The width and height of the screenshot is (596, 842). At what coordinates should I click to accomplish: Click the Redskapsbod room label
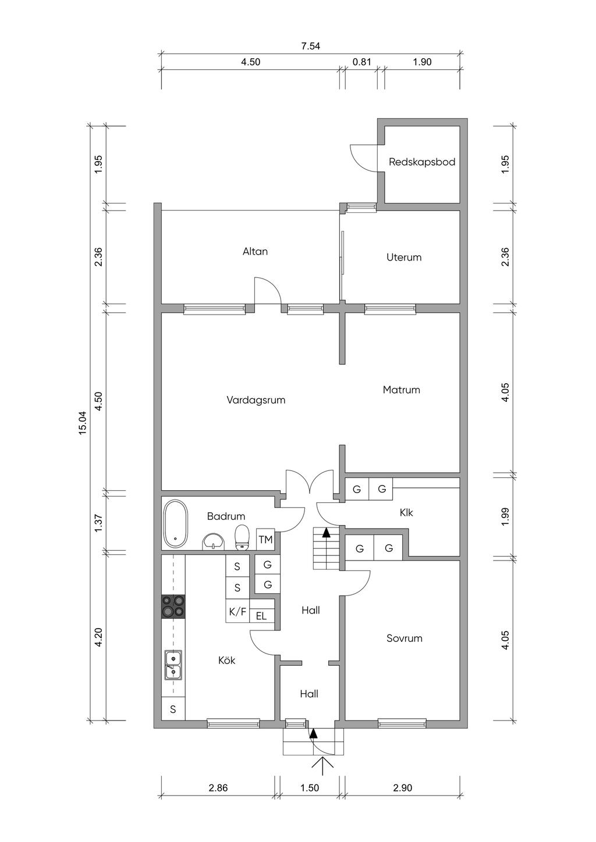[422, 162]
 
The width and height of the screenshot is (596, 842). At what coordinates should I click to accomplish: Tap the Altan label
[255, 251]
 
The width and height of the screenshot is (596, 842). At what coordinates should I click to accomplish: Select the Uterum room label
[404, 257]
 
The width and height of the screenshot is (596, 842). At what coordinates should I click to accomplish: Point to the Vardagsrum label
[256, 400]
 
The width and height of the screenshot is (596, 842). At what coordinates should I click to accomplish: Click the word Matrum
[401, 390]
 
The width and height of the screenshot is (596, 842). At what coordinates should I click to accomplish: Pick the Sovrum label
[404, 638]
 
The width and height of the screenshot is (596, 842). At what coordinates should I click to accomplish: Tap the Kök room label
[226, 660]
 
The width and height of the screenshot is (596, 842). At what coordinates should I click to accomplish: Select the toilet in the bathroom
[242, 538]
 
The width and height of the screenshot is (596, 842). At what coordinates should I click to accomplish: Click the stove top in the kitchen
[173, 606]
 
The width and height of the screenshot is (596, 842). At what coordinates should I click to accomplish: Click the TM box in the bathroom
[265, 540]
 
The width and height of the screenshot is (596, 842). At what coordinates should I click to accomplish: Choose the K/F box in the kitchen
[237, 612]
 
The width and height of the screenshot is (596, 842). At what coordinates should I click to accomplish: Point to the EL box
[261, 616]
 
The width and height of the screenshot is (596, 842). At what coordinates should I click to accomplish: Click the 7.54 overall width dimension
[310, 46]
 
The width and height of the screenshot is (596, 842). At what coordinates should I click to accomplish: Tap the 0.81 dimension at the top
[361, 62]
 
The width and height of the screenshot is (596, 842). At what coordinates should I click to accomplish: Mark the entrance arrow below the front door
[323, 765]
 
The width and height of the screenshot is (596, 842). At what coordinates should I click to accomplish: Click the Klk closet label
[406, 512]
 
